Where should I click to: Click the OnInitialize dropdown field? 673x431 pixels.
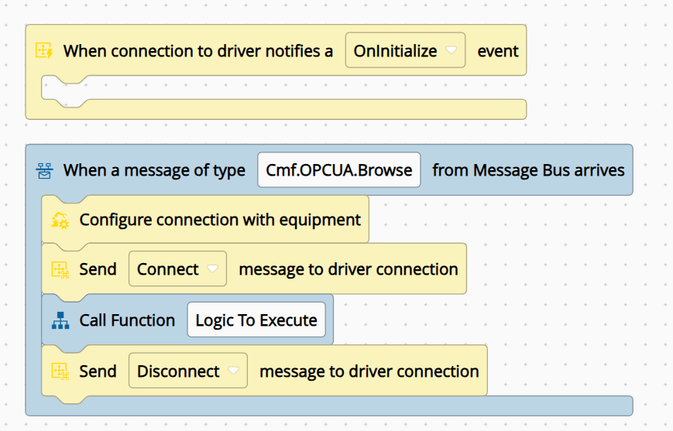click(405, 50)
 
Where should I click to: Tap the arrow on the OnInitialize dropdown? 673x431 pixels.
click(451, 50)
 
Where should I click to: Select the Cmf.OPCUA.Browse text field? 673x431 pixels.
click(339, 169)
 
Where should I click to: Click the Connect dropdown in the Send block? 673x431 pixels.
click(177, 269)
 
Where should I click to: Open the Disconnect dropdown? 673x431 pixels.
click(188, 371)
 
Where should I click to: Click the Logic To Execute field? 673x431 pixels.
click(256, 320)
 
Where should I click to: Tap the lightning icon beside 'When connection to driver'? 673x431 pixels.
click(44, 50)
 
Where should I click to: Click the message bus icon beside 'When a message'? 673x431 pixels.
click(44, 170)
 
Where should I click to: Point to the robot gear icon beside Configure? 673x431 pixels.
click(60, 220)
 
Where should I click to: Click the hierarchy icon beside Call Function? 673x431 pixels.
click(60, 320)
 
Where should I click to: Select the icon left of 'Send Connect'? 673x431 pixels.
click(60, 270)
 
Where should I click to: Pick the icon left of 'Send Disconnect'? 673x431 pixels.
click(60, 371)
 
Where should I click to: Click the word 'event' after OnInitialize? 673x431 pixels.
click(498, 51)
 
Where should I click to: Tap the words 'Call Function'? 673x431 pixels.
click(127, 320)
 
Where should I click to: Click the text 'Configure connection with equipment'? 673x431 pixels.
click(220, 220)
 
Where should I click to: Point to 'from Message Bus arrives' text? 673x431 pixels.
click(528, 170)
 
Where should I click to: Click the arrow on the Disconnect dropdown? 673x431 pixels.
click(233, 371)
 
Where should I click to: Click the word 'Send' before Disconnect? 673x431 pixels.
click(98, 371)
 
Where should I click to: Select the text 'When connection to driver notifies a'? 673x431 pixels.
click(197, 51)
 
